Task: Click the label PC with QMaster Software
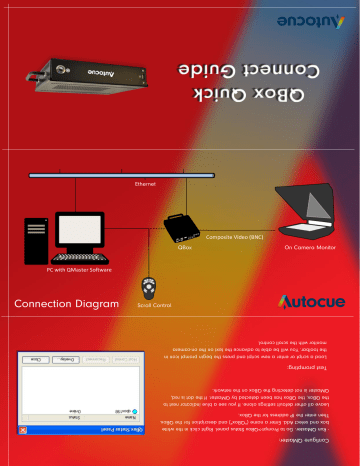80,270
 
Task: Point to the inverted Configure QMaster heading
313,452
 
